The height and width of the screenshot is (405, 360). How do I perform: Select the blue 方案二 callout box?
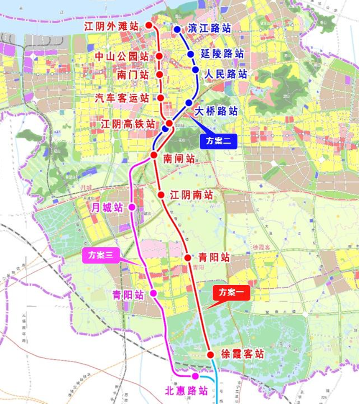pyautogui.click(x=219, y=141)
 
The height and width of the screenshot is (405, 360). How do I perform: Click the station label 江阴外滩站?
pyautogui.click(x=111, y=26)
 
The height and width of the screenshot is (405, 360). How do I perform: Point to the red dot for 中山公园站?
pyautogui.click(x=159, y=56)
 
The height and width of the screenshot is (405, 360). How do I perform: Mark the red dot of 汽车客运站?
pyautogui.click(x=160, y=98)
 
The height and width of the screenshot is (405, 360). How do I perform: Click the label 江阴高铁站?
pyautogui.click(x=128, y=124)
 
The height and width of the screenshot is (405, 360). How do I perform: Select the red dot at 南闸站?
pyautogui.click(x=154, y=155)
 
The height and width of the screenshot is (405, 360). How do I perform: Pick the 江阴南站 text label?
pyautogui.click(x=191, y=195)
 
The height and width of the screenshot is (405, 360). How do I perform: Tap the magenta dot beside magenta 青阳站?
pyautogui.click(x=153, y=293)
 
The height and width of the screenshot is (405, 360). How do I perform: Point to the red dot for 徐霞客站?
pyautogui.click(x=211, y=355)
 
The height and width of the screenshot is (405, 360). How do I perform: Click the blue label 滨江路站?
pyautogui.click(x=209, y=28)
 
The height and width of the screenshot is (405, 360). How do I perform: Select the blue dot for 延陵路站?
pyautogui.click(x=191, y=54)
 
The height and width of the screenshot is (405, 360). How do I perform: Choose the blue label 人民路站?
pyautogui.click(x=226, y=74)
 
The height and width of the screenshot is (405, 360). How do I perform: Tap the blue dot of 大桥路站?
pyautogui.click(x=189, y=103)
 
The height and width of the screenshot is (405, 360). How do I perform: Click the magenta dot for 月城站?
pyautogui.click(x=132, y=207)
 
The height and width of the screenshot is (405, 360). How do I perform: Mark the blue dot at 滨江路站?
pyautogui.click(x=177, y=30)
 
